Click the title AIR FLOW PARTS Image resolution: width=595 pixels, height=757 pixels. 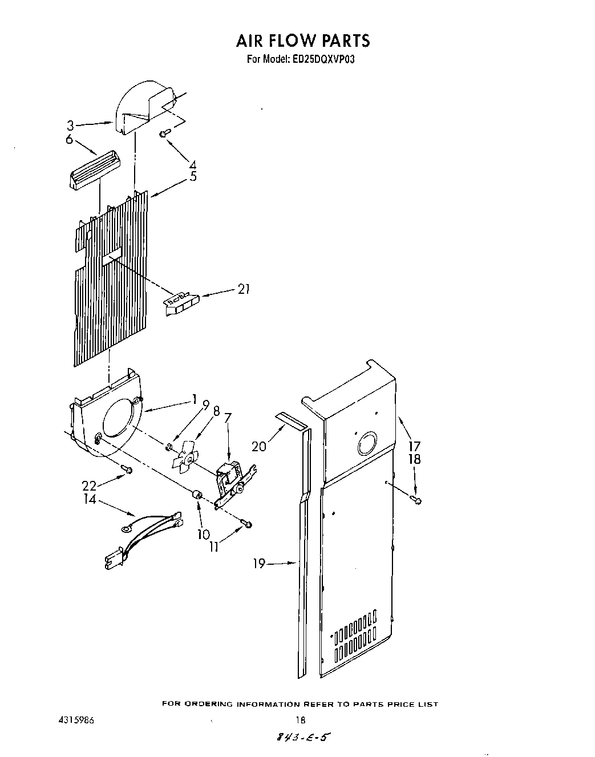302,40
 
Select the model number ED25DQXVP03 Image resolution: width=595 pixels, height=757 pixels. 328,58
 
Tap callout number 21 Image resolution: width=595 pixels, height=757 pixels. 244,289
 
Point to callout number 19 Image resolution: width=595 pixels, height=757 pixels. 259,564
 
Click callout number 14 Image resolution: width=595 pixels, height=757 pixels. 90,500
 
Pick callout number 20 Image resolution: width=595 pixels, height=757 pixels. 259,446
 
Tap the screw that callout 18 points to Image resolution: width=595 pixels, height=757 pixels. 416,500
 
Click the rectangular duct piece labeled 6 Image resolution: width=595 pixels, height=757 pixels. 92,171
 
